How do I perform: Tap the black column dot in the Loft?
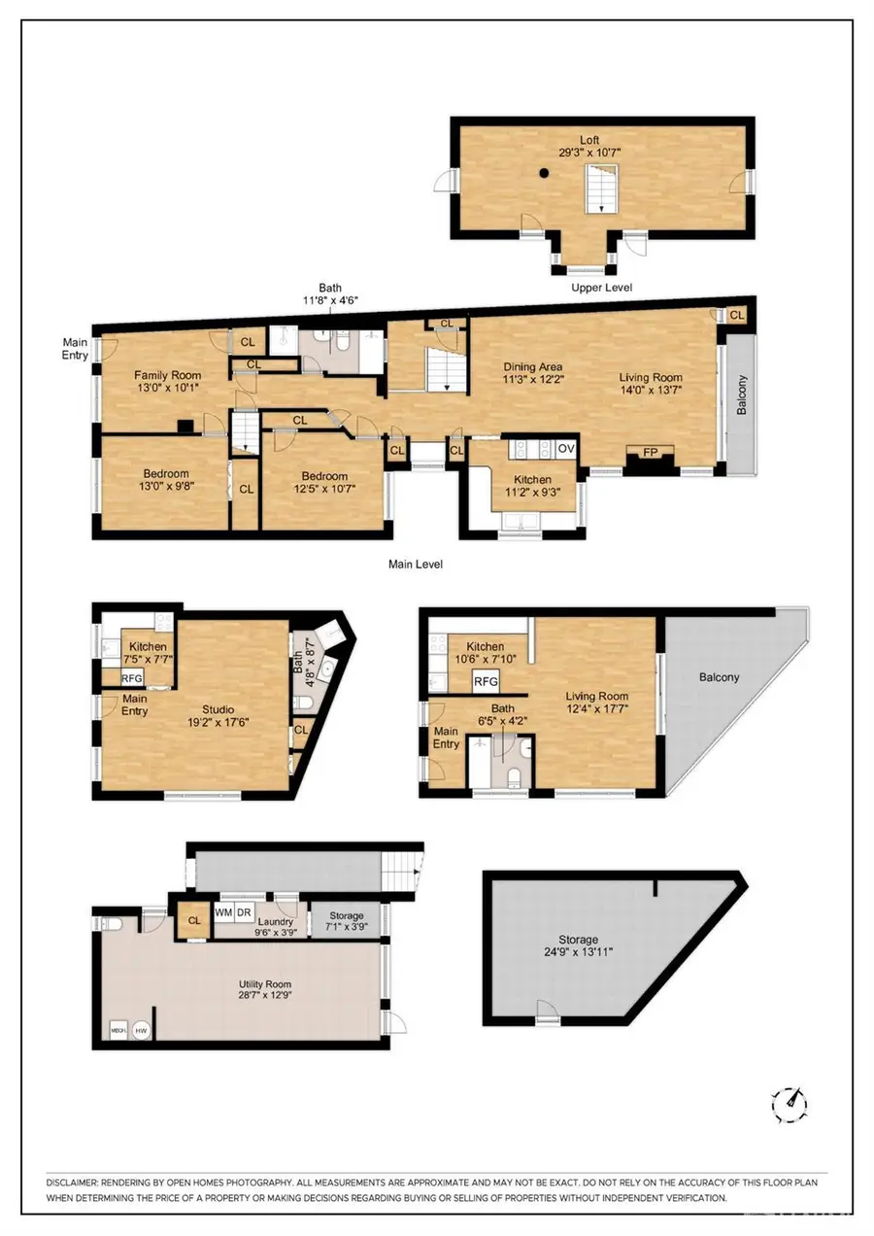click(546, 174)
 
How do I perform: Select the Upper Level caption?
click(602, 288)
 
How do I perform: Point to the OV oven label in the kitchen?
click(566, 449)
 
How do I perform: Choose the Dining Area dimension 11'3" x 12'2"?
click(533, 380)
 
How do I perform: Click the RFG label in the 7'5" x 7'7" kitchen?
click(132, 678)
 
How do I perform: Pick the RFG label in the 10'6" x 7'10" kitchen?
click(486, 681)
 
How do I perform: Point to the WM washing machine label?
click(223, 913)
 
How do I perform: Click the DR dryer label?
click(245, 913)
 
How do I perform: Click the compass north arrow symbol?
click(792, 1101)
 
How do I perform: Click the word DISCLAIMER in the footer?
click(71, 1182)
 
